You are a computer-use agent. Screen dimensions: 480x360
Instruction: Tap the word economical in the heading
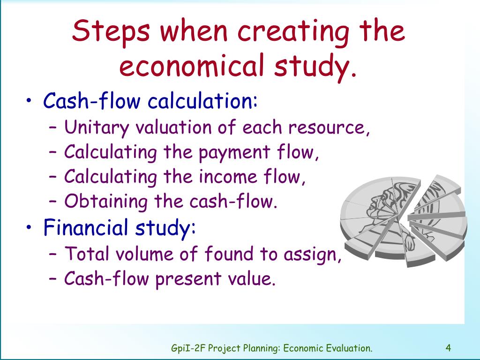click(192, 65)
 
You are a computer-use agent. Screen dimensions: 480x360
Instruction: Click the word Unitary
click(97, 127)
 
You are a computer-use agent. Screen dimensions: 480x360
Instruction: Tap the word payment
click(234, 152)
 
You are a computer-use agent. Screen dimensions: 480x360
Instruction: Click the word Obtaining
click(105, 202)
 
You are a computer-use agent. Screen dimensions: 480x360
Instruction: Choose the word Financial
click(85, 227)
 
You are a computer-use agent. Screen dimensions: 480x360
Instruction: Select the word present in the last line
click(188, 279)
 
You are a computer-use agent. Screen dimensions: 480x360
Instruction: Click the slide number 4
click(448, 348)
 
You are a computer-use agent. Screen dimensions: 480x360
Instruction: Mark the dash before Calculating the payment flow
click(52, 152)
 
